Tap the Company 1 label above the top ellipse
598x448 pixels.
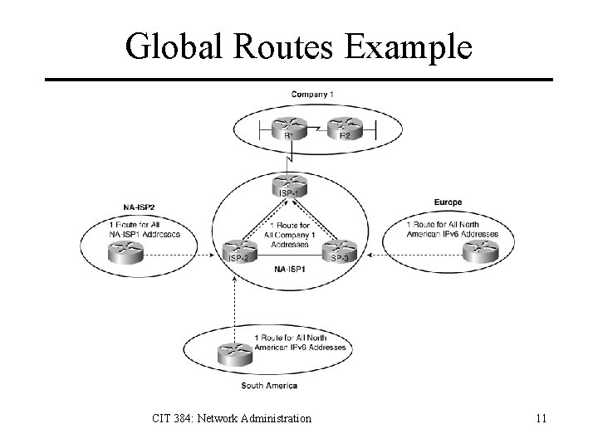312,94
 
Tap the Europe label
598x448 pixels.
448,202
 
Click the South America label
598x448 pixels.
268,386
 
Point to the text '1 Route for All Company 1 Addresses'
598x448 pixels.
291,235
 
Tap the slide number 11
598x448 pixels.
541,418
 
